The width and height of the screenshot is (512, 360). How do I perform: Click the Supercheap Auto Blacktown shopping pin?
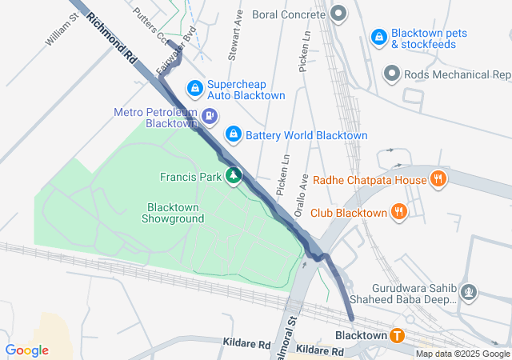[194, 87]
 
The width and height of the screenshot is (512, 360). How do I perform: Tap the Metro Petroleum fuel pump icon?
[210, 117]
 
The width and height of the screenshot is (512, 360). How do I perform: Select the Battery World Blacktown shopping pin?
[233, 134]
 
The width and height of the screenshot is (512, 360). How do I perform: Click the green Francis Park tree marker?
[234, 175]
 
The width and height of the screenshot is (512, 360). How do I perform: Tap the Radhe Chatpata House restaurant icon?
[438, 179]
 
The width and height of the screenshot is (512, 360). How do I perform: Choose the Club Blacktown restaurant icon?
[399, 212]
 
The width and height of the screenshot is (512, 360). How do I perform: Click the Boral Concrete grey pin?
[339, 14]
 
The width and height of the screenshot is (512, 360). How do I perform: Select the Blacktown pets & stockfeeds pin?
[378, 37]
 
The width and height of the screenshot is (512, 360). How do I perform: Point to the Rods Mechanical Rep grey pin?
[392, 74]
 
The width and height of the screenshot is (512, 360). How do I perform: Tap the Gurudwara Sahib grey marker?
[470, 294]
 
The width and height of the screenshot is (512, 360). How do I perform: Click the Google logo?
[26, 350]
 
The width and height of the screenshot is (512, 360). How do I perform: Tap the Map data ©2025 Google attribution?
[462, 354]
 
